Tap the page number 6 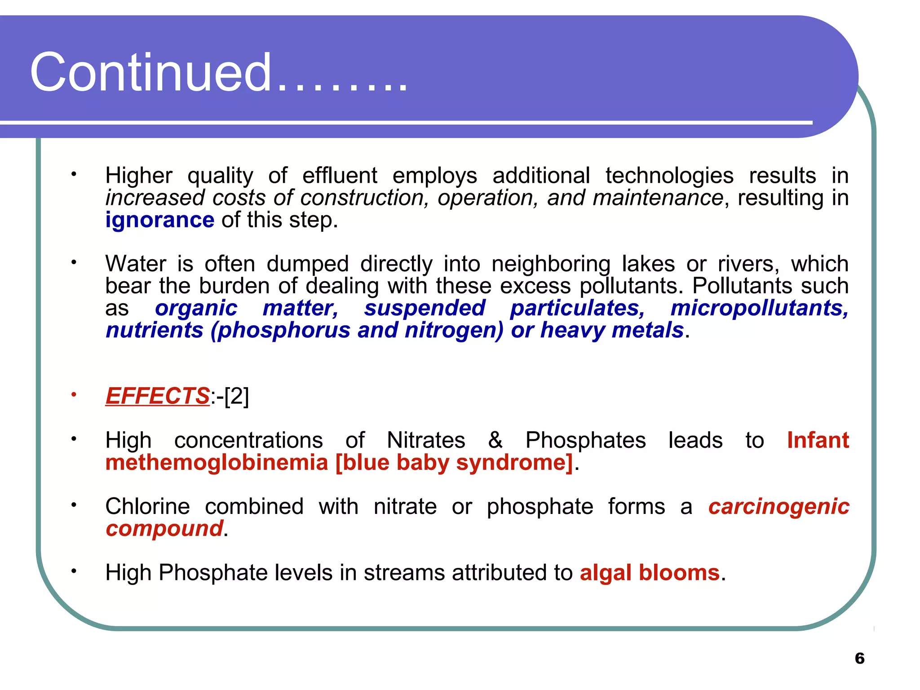point(859,658)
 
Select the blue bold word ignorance point(159,220)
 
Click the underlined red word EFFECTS point(157,396)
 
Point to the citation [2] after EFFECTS point(236,396)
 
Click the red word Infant point(818,440)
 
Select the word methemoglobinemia point(217,463)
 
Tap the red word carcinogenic point(778,506)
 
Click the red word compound point(164,528)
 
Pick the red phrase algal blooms point(650,573)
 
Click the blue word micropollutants point(759,308)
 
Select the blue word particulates point(577,308)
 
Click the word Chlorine point(147,506)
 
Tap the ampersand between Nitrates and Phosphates point(495,440)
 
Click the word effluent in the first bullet point(339,176)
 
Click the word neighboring point(551,264)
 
